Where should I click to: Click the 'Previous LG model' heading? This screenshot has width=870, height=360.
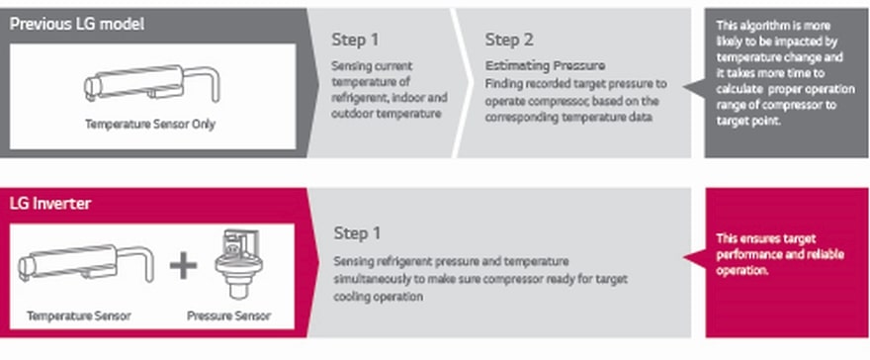click(x=77, y=25)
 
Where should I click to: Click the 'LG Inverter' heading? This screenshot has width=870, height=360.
click(x=50, y=204)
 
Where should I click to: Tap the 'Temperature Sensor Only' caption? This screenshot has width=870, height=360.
click(x=150, y=125)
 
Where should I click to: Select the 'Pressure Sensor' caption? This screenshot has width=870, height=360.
click(x=228, y=316)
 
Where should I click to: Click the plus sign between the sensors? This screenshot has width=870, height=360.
click(x=183, y=266)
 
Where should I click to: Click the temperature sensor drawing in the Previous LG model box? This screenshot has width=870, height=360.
click(x=151, y=83)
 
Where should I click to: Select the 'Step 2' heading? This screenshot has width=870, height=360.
click(x=509, y=40)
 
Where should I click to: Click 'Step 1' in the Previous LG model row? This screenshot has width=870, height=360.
click(x=355, y=40)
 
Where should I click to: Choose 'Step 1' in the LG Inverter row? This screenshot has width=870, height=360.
click(x=357, y=233)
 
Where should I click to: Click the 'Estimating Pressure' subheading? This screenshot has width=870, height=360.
click(x=545, y=66)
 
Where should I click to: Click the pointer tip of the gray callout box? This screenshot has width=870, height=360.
click(x=684, y=87)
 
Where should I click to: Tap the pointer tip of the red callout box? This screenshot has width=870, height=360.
click(x=684, y=257)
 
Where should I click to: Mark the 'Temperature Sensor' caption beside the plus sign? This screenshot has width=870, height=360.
click(x=79, y=316)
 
